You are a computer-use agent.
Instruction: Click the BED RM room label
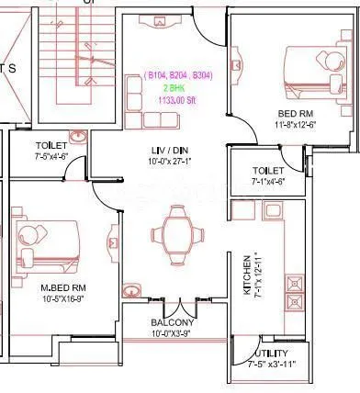(x=293, y=114)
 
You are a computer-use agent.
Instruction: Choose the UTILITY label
(x=268, y=354)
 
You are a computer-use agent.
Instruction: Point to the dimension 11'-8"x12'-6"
(x=293, y=125)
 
